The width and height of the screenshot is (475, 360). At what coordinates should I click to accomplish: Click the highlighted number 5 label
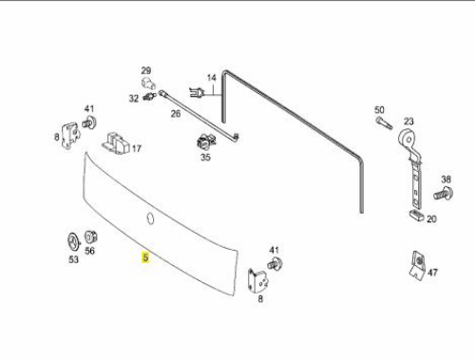tap(145, 257)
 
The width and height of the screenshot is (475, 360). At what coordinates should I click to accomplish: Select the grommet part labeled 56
tap(90, 237)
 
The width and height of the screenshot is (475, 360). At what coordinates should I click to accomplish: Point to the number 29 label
tap(146, 70)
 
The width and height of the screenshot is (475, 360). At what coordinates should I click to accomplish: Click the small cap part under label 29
tap(148, 84)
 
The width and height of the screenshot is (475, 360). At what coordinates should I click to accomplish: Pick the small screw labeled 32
tap(149, 96)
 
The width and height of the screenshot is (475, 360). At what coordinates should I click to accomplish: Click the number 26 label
tap(176, 113)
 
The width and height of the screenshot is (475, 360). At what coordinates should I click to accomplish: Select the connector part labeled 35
tap(205, 142)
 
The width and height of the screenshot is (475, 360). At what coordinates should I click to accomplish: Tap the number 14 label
tap(212, 78)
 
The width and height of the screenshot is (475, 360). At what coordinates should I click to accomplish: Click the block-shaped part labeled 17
tap(115, 144)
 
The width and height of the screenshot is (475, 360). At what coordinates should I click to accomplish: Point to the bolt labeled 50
tap(384, 123)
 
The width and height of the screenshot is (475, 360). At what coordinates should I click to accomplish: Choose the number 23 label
tap(408, 122)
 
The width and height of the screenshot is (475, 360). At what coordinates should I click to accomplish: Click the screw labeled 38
tap(444, 193)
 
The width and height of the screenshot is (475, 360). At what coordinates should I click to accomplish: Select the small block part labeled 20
tap(417, 216)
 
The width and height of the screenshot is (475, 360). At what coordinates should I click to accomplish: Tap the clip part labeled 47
tap(418, 265)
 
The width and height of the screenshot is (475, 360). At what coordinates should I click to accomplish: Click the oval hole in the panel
tap(150, 218)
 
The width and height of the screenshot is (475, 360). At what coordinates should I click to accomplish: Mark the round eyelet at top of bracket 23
tap(408, 139)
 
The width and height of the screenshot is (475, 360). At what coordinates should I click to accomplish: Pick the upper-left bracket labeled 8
tap(70, 136)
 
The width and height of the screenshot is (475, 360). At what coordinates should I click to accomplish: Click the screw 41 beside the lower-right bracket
tap(275, 263)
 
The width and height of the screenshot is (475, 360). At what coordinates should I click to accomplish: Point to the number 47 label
tap(433, 273)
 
